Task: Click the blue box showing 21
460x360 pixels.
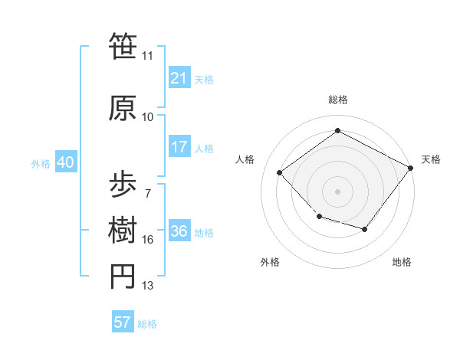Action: coord(179,78)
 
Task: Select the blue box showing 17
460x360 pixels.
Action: coord(179,148)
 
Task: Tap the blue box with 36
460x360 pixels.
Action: coord(179,232)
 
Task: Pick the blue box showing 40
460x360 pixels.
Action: coord(64,162)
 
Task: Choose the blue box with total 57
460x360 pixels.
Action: coord(123,322)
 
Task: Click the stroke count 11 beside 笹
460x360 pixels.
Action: coord(148,56)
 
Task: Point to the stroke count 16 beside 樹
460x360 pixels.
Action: coord(148,240)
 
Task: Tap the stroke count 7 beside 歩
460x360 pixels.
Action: coord(148,193)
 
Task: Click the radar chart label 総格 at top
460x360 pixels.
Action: coord(338,100)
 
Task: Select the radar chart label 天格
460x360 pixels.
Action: coord(431,159)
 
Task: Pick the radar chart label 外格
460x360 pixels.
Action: coord(270,262)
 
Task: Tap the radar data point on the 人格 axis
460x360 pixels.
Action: coord(280,172)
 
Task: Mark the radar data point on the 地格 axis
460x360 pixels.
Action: coord(365,229)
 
